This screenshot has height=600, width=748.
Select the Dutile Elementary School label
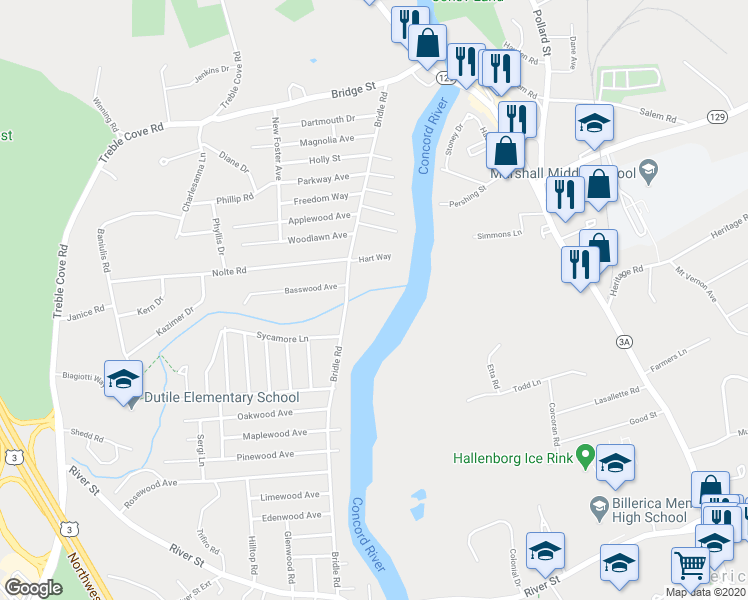pos(222,397)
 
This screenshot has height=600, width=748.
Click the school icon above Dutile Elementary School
pos(123,380)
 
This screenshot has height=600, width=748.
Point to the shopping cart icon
pos(690,566)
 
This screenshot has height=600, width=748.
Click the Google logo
pos(32,588)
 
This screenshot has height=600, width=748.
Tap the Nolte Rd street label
pos(228,271)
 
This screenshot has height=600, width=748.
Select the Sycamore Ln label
pos(283,338)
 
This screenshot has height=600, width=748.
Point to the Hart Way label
pos(375,257)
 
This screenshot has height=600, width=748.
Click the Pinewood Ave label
pos(266,454)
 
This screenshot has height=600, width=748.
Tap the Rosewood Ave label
pos(150,482)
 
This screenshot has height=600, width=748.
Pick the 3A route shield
pos(625,342)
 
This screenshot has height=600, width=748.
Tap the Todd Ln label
pos(526,384)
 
